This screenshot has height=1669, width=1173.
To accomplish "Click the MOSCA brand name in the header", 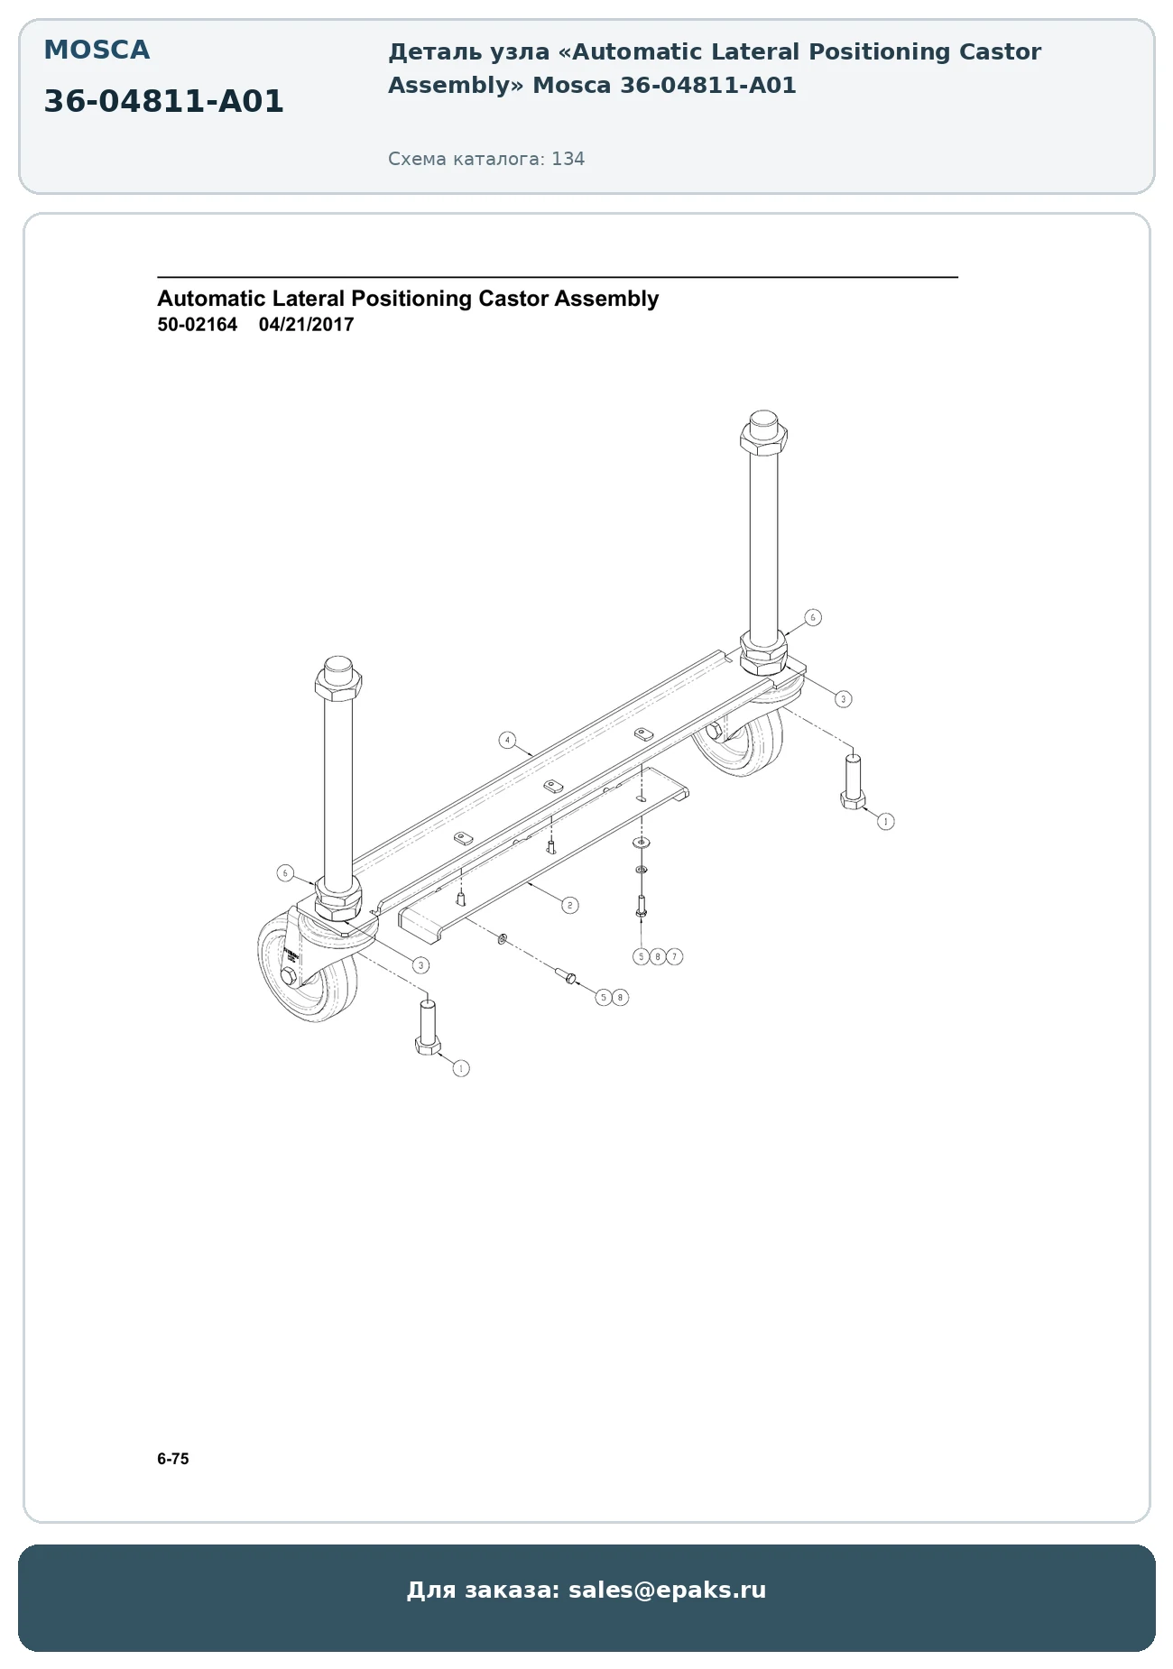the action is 97,50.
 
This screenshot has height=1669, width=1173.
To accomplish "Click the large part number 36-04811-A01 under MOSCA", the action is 163,101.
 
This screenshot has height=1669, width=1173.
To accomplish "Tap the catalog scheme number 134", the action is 568,159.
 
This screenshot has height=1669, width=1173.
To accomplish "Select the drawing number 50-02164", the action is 198,325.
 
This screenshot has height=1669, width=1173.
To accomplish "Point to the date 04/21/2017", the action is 306,325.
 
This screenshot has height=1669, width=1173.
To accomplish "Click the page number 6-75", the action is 173,1459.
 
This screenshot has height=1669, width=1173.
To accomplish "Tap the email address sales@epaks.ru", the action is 667,1590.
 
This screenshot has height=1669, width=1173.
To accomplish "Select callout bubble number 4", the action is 507,741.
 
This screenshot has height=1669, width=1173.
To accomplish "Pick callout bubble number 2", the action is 569,905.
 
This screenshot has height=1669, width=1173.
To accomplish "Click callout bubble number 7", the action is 674,956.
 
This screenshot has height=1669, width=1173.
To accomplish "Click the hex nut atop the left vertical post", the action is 338,687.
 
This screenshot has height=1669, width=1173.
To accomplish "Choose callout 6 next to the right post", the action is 813,618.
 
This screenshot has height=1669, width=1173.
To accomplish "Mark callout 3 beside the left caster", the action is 420,965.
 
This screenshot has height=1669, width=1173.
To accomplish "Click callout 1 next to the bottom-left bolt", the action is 461,1068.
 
